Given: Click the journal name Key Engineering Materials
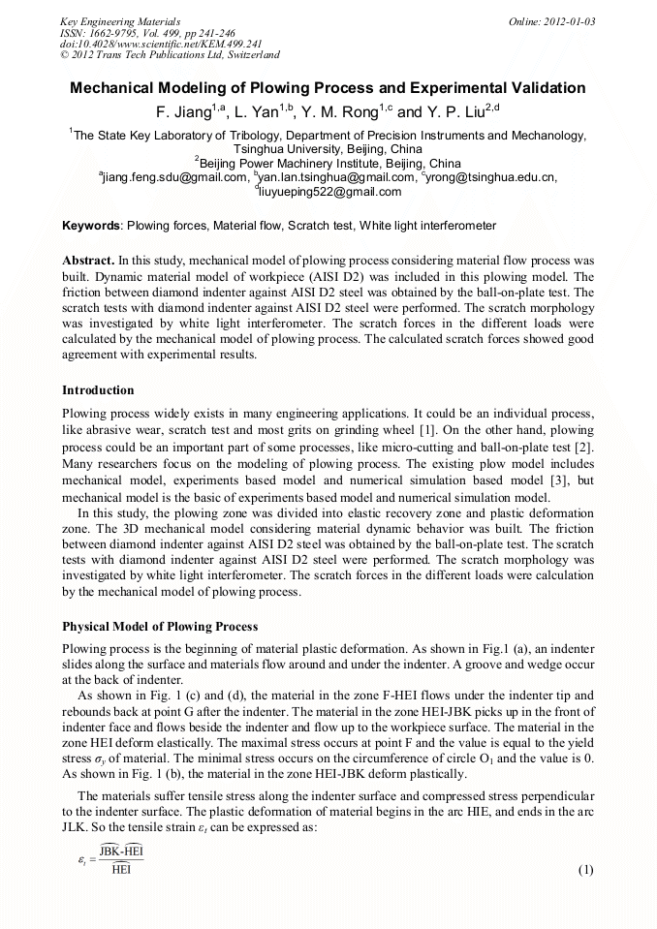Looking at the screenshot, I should pos(120,20).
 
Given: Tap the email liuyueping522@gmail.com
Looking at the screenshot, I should pos(330,192).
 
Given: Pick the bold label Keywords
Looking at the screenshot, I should pos(91,226).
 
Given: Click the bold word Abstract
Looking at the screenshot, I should pos(88,262).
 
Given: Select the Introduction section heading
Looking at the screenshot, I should pos(98,390).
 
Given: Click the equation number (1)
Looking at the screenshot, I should pos(584,869).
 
